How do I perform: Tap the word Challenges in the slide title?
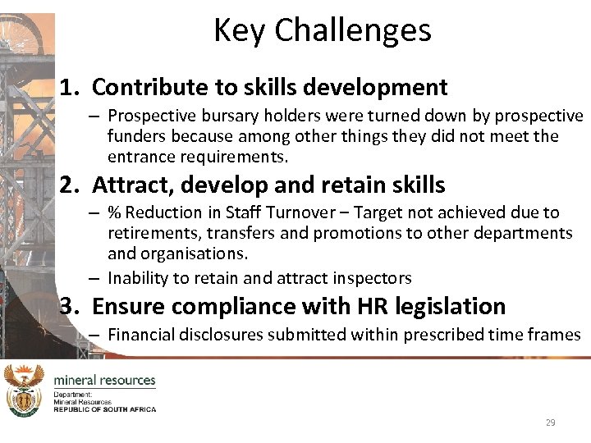(x=353, y=30)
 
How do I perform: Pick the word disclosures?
(x=222, y=334)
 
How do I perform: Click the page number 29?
(x=550, y=422)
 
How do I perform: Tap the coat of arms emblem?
(x=23, y=390)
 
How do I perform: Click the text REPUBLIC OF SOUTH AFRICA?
(x=104, y=409)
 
